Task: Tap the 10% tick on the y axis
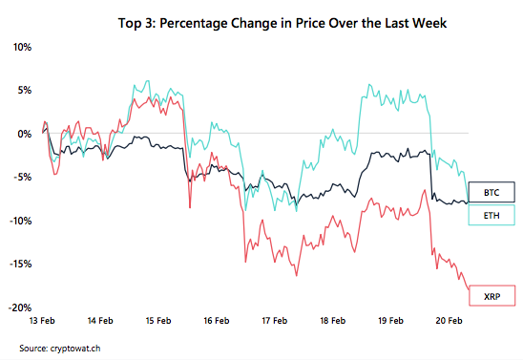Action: [21, 46]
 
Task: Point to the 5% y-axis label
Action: [24, 90]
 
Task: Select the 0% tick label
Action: [24, 134]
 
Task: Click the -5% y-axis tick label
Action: [22, 177]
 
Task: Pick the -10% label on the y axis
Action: [19, 221]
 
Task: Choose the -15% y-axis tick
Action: [19, 265]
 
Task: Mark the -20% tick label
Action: [19, 308]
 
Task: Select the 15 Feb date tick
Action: [158, 322]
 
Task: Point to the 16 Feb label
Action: [217, 322]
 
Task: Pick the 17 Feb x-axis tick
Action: [274, 322]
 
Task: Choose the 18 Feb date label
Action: [332, 322]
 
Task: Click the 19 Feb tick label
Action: [390, 322]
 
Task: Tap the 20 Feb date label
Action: [449, 322]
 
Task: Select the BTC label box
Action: [492, 191]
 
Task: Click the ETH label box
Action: [492, 216]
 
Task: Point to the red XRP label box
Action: [492, 299]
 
